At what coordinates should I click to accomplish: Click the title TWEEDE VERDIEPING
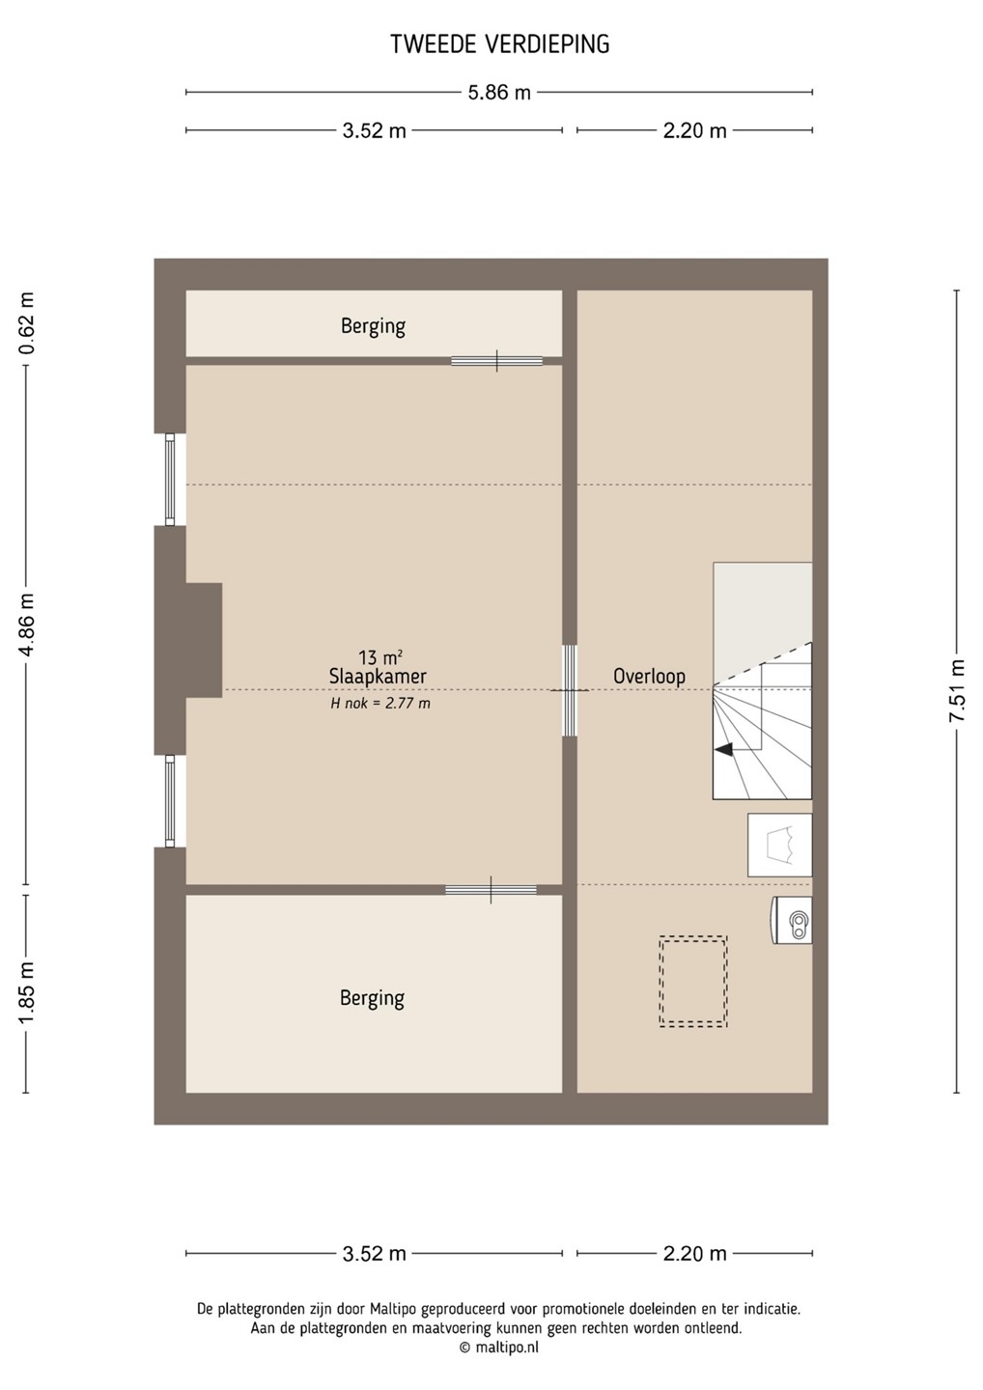499,44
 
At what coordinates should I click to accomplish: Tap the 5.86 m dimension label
499,93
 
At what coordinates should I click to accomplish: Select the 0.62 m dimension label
27,322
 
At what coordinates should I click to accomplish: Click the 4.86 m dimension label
27,625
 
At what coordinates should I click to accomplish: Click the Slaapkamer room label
378,677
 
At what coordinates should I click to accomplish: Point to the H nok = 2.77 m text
380,704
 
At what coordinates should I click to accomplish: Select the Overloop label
649,677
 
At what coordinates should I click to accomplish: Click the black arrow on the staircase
723,750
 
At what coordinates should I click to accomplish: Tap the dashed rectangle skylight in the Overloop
693,981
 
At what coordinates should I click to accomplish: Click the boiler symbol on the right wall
792,920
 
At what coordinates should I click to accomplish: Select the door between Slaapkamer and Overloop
570,690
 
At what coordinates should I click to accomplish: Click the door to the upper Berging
496,361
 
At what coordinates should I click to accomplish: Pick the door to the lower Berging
491,890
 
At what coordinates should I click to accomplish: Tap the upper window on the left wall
169,479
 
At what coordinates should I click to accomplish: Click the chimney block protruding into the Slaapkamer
204,640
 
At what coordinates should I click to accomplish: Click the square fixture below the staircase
779,846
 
